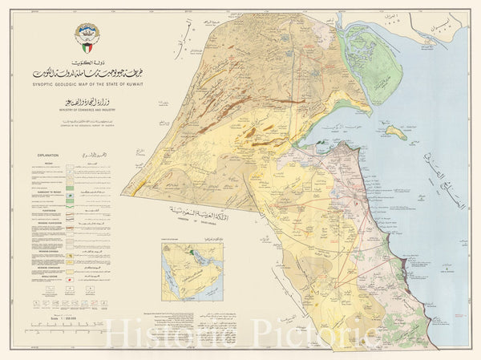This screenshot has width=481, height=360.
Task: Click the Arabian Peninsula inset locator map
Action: pos(191,269)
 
